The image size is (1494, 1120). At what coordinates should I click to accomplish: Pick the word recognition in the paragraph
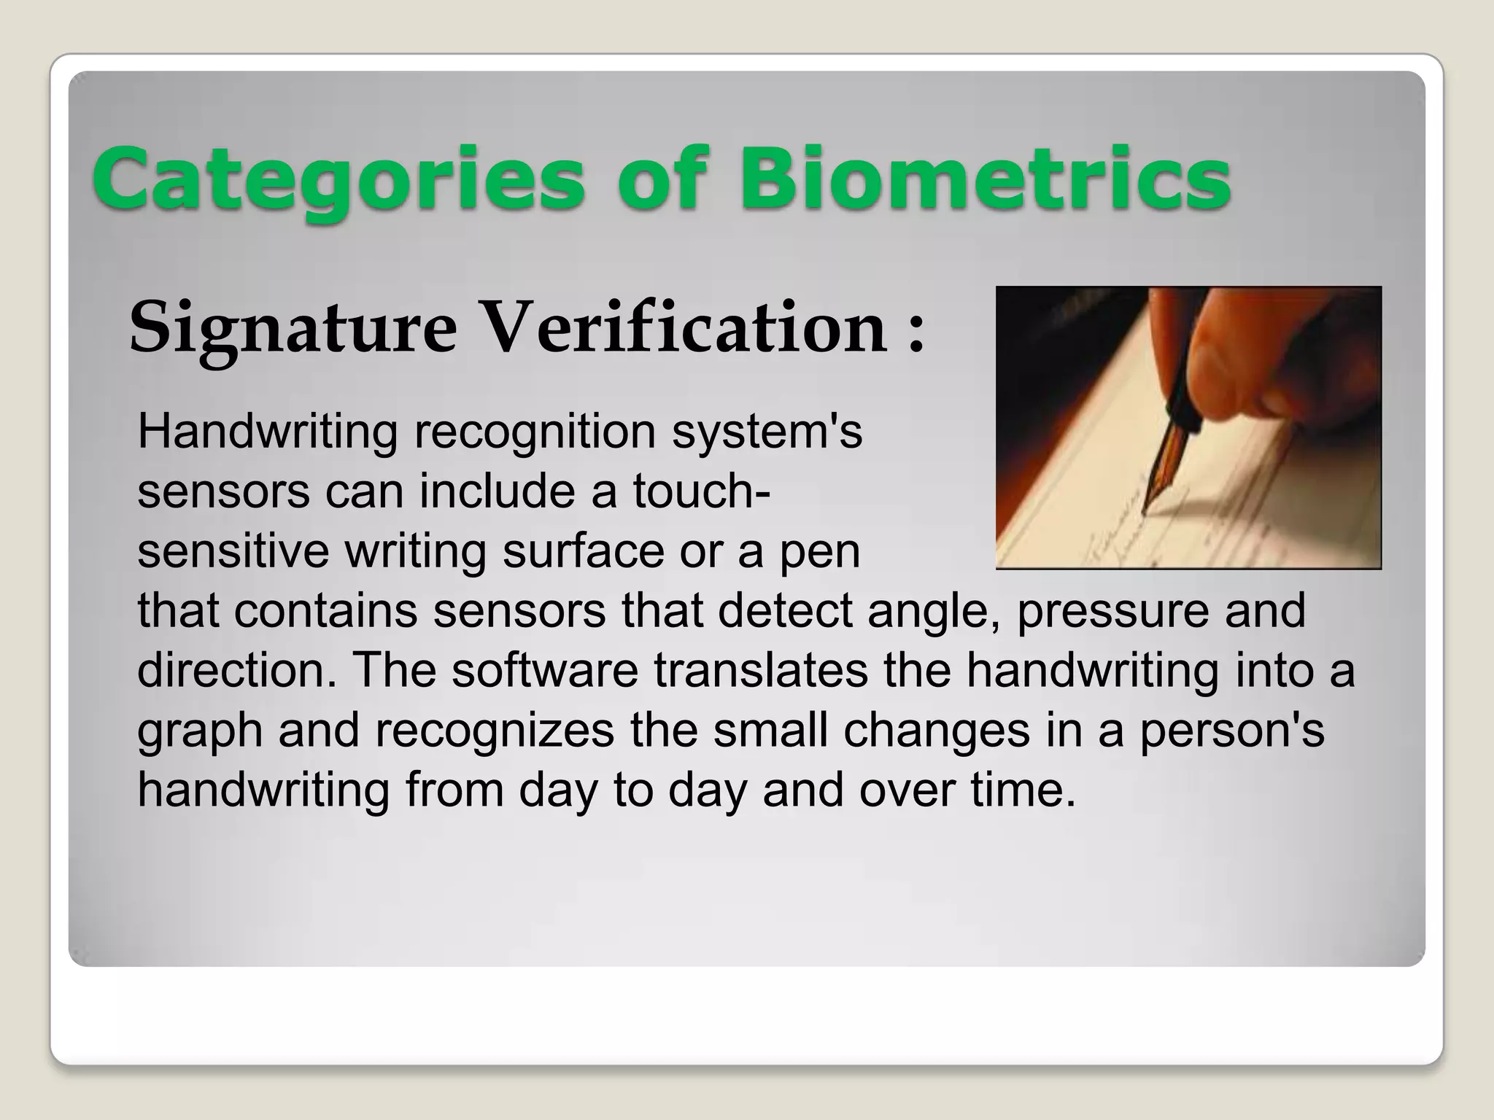pos(535,432)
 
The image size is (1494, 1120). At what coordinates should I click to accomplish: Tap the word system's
pos(767,432)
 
